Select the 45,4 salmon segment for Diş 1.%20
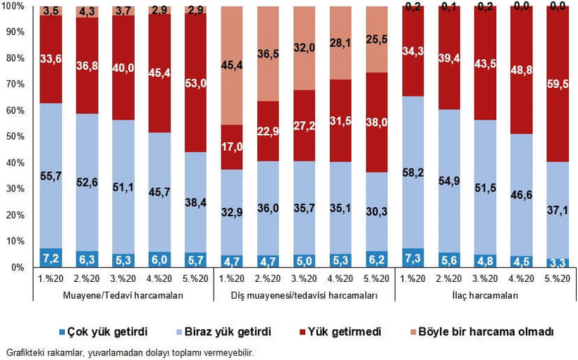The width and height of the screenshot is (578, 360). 233,66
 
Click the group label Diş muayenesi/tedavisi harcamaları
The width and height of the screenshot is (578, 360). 305,296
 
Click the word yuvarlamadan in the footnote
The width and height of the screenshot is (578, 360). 109,352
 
